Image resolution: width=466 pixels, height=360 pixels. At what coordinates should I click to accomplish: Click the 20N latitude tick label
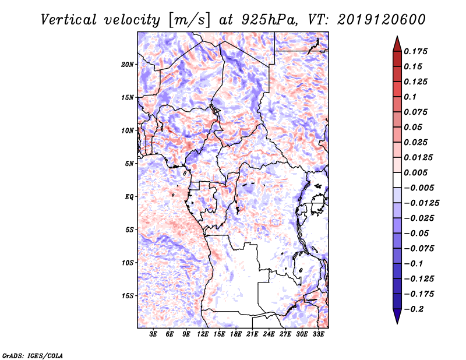[x=127, y=65]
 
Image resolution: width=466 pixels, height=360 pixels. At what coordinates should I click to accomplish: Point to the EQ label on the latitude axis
[x=129, y=197]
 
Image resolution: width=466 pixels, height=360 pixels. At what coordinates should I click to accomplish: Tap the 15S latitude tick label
[x=127, y=296]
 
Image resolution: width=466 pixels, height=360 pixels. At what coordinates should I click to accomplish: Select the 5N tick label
[x=129, y=164]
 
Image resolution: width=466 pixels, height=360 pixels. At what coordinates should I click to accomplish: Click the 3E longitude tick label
[x=153, y=334]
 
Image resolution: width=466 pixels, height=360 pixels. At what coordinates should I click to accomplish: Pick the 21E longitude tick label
[x=252, y=334]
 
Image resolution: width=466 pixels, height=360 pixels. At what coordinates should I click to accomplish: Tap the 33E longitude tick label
[x=318, y=334]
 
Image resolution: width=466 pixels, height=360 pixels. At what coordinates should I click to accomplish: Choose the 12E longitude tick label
[x=202, y=334]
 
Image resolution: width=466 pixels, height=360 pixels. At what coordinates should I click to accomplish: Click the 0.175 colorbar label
[x=415, y=51]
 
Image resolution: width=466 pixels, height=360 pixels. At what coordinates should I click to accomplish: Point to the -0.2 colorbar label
[x=414, y=309]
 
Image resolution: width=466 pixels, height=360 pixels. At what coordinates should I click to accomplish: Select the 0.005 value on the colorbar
[x=415, y=172]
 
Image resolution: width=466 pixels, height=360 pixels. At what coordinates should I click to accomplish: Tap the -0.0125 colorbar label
[x=421, y=203]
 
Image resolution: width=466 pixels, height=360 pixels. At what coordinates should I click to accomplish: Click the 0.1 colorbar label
[x=410, y=97]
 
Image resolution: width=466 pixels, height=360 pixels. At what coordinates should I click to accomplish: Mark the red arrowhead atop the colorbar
[x=397, y=44]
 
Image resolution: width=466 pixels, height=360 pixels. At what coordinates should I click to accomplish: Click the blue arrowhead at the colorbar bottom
[x=397, y=316]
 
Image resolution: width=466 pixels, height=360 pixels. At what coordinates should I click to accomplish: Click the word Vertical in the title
[x=69, y=20]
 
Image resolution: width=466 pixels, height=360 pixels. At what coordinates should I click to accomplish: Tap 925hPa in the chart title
[x=269, y=20]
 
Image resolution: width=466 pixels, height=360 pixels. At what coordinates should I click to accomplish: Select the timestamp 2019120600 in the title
[x=382, y=20]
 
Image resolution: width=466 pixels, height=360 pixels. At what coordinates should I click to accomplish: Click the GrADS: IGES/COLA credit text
[x=33, y=355]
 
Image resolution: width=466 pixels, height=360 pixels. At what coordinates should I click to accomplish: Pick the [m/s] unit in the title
[x=189, y=20]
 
